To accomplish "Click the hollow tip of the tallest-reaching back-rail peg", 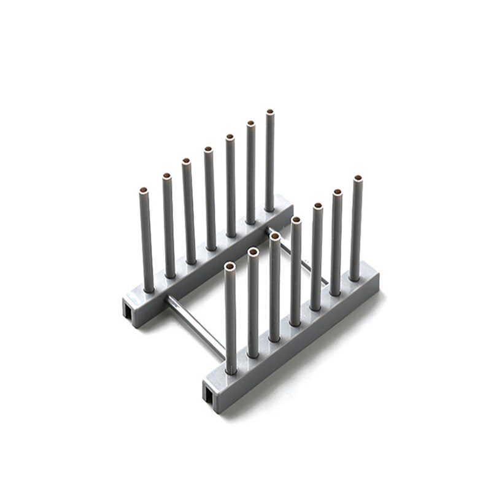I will pyautogui.click(x=269, y=113).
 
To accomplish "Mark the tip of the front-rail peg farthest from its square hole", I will pyautogui.click(x=357, y=179).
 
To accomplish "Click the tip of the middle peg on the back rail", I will pyautogui.click(x=209, y=150).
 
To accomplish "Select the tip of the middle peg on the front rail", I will pyautogui.click(x=296, y=220).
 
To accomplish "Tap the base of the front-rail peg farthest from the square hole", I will pyautogui.click(x=355, y=276).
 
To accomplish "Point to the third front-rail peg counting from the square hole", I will pyautogui.click(x=274, y=288).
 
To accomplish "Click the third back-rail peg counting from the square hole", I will pyautogui.click(x=188, y=212).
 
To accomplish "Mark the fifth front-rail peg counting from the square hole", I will pyautogui.click(x=317, y=258).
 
